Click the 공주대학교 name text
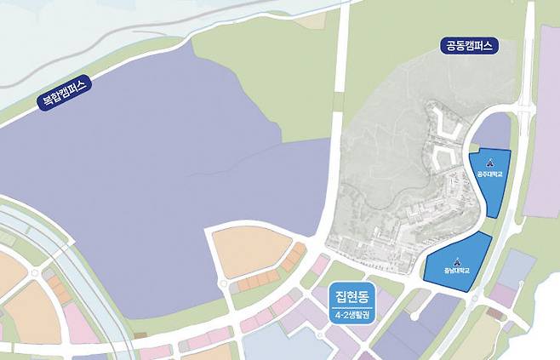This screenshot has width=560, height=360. click(489, 174)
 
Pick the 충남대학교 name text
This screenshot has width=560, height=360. click(456, 271)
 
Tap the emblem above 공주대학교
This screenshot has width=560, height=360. click(489, 163)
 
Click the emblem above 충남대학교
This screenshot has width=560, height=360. click(456, 260)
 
